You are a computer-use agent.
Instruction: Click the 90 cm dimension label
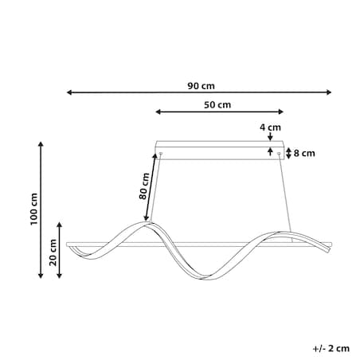(x=201, y=86)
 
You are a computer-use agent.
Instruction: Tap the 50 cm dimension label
(x=217, y=105)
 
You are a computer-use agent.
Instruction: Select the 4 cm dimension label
(x=270, y=127)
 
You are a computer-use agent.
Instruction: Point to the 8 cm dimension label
(x=304, y=154)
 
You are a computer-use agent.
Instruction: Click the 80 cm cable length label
(x=144, y=186)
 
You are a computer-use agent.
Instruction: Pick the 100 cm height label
(x=33, y=209)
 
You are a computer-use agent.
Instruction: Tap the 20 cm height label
(x=53, y=252)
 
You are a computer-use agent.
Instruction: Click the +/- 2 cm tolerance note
(x=331, y=349)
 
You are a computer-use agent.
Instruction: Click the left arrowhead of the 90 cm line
(x=69, y=92)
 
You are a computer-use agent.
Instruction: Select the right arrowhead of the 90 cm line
(x=329, y=92)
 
